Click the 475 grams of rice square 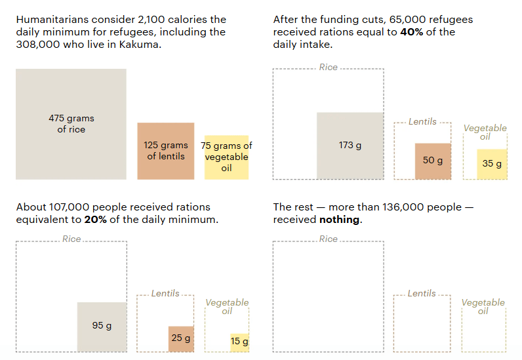point(71,124)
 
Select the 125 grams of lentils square point(165,151)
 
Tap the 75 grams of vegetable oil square point(226,157)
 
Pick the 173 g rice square point(350,146)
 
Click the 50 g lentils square point(433,161)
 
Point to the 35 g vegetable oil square point(492,164)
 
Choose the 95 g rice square point(102,327)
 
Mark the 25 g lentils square point(181,338)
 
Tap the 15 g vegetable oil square point(239,342)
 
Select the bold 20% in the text point(95,220)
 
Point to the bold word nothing point(340,220)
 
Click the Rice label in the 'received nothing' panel point(329,239)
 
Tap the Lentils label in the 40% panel point(422,121)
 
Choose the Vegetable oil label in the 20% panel point(227,306)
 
